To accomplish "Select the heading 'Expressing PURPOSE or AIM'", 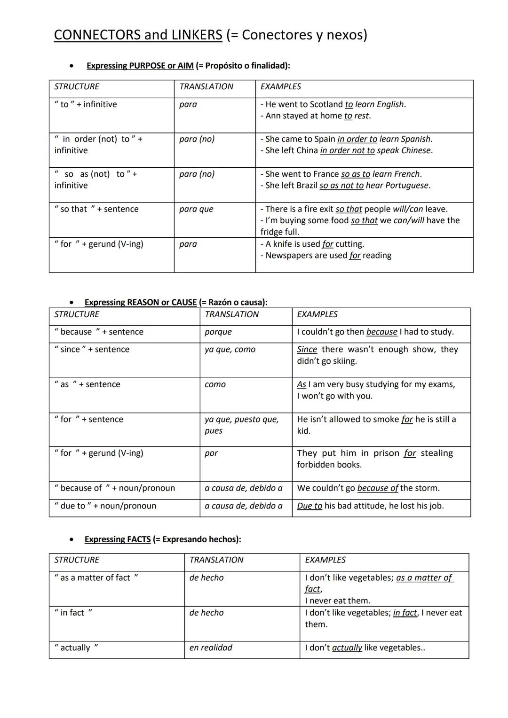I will (x=140, y=66).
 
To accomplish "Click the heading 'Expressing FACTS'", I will (x=118, y=539).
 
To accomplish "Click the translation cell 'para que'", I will (x=196, y=209).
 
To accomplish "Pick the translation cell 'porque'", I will (x=218, y=332).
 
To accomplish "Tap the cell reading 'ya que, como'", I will (x=230, y=350).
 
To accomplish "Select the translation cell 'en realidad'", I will (x=211, y=648).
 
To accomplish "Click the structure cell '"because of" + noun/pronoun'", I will (x=115, y=488).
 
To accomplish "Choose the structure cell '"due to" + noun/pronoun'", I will (x=105, y=506).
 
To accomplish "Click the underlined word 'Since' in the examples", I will (x=307, y=350).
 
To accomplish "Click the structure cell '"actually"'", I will (x=76, y=648).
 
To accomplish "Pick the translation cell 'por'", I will (x=211, y=453).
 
